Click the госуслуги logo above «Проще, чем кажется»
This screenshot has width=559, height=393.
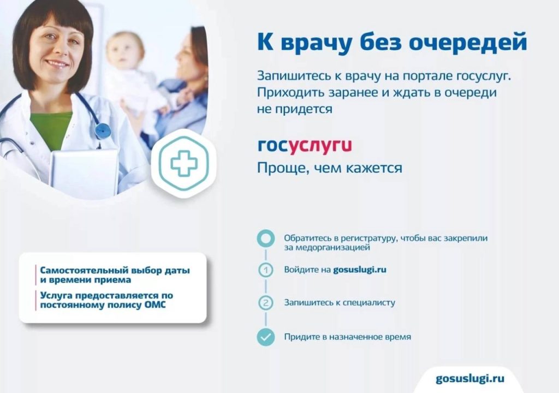click(305, 146)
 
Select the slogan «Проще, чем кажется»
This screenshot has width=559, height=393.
click(329, 168)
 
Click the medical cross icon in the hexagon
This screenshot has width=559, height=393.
click(184, 163)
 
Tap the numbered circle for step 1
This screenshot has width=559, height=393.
click(265, 270)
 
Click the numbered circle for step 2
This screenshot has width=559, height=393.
click(265, 303)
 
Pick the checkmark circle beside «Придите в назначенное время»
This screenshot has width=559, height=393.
click(266, 337)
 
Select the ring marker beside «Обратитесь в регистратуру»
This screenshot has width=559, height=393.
click(266, 238)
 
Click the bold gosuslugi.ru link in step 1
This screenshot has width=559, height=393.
click(360, 270)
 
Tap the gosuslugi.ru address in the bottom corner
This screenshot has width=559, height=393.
click(470, 379)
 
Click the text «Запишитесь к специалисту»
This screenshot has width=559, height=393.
click(340, 303)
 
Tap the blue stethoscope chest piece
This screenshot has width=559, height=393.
click(103, 131)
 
